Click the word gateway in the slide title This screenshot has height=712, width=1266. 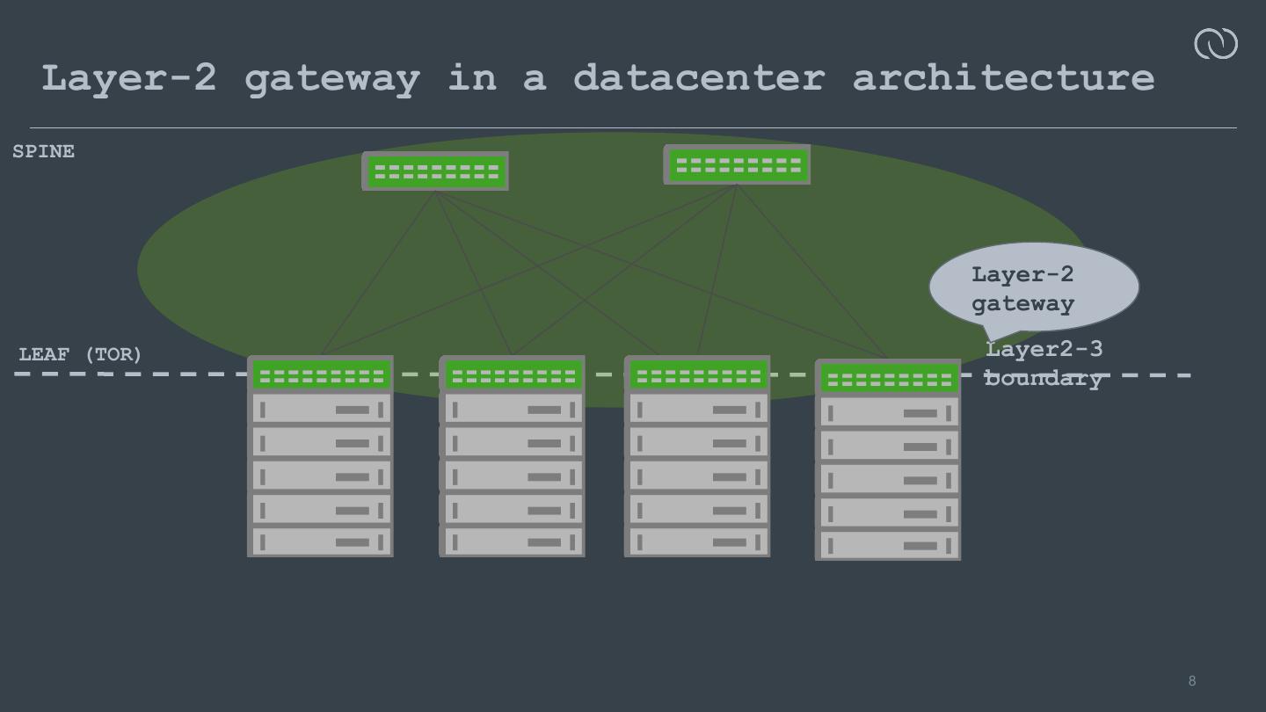[331, 78]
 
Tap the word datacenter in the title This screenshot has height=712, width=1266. [699, 77]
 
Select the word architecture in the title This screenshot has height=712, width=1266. [1003, 77]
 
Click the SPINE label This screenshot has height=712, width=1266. [43, 152]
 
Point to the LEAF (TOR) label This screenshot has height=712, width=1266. [80, 354]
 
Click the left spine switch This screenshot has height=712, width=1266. [435, 171]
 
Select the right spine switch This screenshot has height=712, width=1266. [737, 165]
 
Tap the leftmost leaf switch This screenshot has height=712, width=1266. [321, 375]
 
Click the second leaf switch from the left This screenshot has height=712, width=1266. [512, 375]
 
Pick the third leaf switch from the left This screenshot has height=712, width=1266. [697, 375]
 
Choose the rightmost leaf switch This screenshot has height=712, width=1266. [888, 379]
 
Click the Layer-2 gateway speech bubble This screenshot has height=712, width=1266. [1033, 287]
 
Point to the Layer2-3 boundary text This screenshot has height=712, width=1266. [1044, 363]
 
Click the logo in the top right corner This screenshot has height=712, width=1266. [1216, 43]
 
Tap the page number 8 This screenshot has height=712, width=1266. [1192, 681]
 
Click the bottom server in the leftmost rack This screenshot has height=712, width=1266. [321, 541]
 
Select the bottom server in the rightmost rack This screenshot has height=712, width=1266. [888, 545]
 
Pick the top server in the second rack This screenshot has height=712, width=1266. [512, 409]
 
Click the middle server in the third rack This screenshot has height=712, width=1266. [697, 476]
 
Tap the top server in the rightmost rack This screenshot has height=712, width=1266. [888, 412]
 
